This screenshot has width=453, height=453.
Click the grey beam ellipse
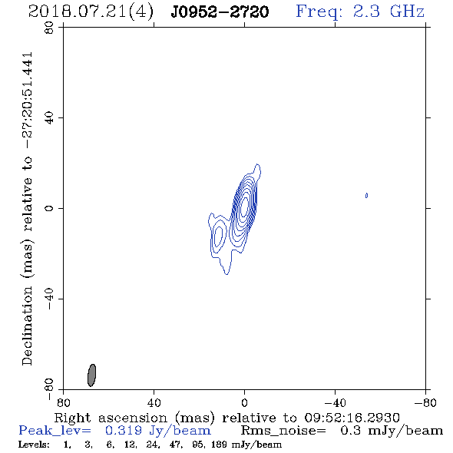pos(91,375)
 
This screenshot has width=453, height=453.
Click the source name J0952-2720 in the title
pos(220,12)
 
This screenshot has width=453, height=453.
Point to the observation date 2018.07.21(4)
pos(91,12)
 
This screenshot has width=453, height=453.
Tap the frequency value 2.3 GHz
pos(389,12)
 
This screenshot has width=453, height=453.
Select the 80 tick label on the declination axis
pos(49,28)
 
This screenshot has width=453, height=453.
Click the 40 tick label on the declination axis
pos(49,118)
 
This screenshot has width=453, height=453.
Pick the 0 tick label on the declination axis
pos(49,208)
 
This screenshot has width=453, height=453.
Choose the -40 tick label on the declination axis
pos(49,299)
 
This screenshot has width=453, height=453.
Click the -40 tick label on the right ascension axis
pos(335,402)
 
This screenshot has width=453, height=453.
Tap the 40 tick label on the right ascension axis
pos(154,402)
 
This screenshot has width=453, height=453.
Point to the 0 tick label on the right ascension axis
pos(244,402)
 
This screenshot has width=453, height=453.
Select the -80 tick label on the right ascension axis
pos(425,402)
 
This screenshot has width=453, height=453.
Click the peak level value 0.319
pos(124,431)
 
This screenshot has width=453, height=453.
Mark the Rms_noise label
pos(283,431)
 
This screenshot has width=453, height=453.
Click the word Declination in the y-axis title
pos(27,326)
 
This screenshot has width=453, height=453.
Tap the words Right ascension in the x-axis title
pos(111,418)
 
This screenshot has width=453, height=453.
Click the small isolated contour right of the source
pos(366,196)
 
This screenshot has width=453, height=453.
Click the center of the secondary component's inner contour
pos(219,236)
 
